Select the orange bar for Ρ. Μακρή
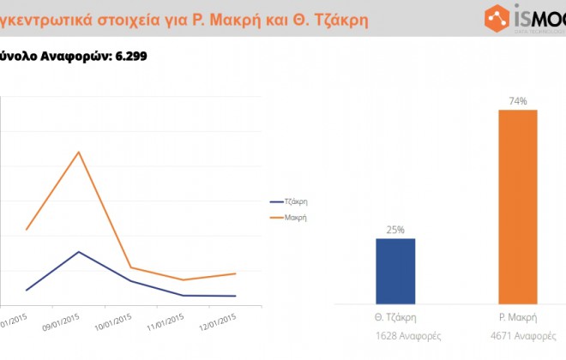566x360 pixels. (517, 206)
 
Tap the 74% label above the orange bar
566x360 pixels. (517, 101)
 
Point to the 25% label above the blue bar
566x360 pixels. (395, 230)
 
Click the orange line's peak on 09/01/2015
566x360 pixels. (79, 152)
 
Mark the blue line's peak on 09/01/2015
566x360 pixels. (79, 252)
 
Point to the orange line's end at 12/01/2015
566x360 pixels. (235, 273)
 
